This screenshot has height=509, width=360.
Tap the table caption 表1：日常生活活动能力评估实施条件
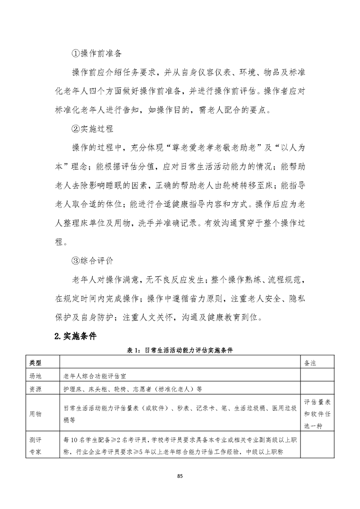point(180,350)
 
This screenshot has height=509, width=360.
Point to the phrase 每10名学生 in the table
point(81,440)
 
